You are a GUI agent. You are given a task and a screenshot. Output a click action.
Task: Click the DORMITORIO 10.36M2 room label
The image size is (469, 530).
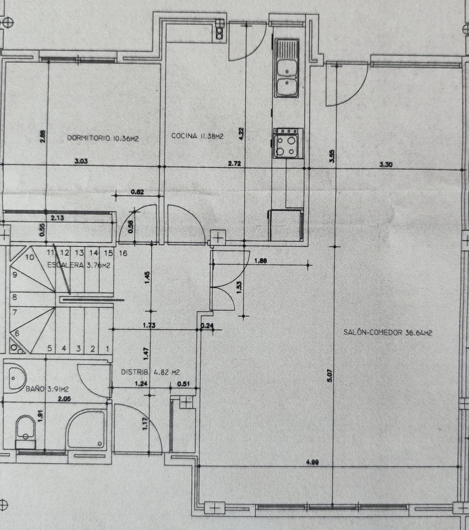[x=103, y=138]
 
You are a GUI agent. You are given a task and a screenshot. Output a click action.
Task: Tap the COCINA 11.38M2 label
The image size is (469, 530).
[x=197, y=136]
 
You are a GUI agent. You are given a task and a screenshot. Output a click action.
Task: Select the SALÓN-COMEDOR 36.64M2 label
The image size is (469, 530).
[x=387, y=332]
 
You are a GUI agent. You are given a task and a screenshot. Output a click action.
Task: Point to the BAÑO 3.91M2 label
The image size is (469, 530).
[x=47, y=389]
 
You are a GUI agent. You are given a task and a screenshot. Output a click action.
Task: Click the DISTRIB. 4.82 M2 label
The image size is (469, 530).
[x=150, y=372]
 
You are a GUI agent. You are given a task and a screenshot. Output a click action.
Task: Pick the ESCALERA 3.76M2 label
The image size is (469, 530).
[x=79, y=265]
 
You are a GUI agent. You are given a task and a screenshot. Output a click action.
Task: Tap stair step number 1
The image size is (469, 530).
[x=108, y=349]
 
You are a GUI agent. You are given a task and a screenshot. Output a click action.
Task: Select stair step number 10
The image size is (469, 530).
[x=30, y=257]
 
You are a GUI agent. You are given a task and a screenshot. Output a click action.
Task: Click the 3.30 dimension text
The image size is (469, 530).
[x=386, y=165]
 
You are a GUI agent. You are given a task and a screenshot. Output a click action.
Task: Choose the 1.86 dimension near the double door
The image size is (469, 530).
[x=260, y=260]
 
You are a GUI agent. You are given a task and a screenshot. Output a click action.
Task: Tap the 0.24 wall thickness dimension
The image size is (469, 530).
[x=207, y=326]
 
